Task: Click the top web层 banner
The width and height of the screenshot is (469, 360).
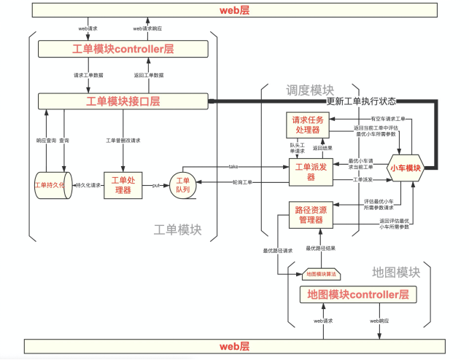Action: pyautogui.click(x=234, y=11)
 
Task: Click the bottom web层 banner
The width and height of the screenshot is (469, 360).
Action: pyautogui.click(x=234, y=346)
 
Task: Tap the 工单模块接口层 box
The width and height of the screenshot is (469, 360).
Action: pyautogui.click(x=123, y=101)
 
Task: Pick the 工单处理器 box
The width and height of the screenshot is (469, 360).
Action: pyautogui.click(x=121, y=185)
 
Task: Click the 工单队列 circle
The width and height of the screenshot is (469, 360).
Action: pyautogui.click(x=183, y=185)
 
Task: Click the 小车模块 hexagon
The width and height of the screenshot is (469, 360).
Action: pyautogui.click(x=406, y=168)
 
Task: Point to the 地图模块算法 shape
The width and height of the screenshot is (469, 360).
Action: pyautogui.click(x=323, y=274)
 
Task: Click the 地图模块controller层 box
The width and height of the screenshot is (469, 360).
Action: pyautogui.click(x=357, y=295)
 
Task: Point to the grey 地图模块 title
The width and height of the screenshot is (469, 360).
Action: pyautogui.click(x=396, y=273)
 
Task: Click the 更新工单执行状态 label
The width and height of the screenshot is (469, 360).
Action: pyautogui.click(x=362, y=101)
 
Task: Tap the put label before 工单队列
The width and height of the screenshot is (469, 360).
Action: pyautogui.click(x=156, y=185)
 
